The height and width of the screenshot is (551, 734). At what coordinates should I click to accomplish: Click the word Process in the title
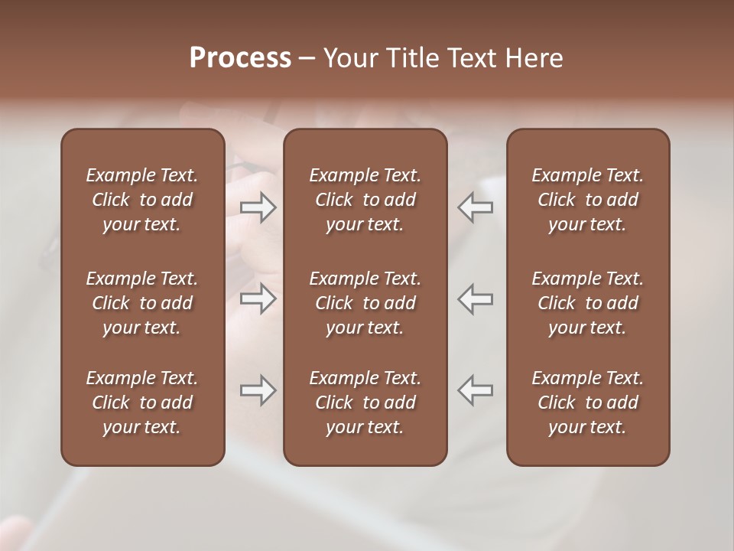coord(240,58)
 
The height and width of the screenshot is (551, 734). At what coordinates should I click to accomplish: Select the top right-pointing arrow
coord(258,207)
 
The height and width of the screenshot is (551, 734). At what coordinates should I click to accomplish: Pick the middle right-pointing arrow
coord(258,299)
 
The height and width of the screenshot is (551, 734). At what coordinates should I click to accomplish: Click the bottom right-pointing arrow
coord(258,390)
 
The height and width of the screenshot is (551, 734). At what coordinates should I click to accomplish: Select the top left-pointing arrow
coord(476,207)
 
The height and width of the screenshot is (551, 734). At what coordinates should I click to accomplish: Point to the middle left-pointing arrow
coord(476,299)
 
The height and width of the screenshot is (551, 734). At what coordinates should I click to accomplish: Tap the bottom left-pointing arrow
coord(476,390)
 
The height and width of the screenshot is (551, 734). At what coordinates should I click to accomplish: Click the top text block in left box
coord(142,200)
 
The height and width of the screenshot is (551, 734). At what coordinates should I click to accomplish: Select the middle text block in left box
coord(142,303)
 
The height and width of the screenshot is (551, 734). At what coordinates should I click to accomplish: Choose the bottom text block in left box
coord(142,403)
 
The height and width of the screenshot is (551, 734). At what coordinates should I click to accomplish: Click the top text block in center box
coord(365,200)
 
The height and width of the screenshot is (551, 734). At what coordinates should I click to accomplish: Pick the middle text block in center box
coord(365,303)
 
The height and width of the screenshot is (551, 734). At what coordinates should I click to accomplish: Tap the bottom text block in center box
coord(365,403)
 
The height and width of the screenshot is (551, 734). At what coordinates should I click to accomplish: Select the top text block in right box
coord(587,200)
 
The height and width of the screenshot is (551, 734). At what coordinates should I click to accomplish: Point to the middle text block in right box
coord(587,303)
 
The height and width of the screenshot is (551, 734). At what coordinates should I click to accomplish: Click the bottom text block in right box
coord(587,403)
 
